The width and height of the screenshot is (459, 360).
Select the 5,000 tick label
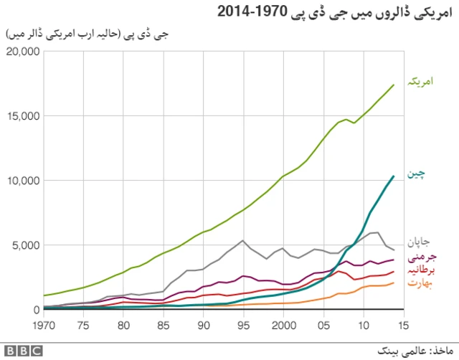coord(26,245)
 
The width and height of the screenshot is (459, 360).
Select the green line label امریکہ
coord(422,82)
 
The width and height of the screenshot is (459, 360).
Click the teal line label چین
coord(425,173)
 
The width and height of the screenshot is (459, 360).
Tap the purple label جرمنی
coord(422,256)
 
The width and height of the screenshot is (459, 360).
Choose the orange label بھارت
coord(422,283)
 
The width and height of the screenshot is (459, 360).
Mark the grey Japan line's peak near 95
coord(243,240)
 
